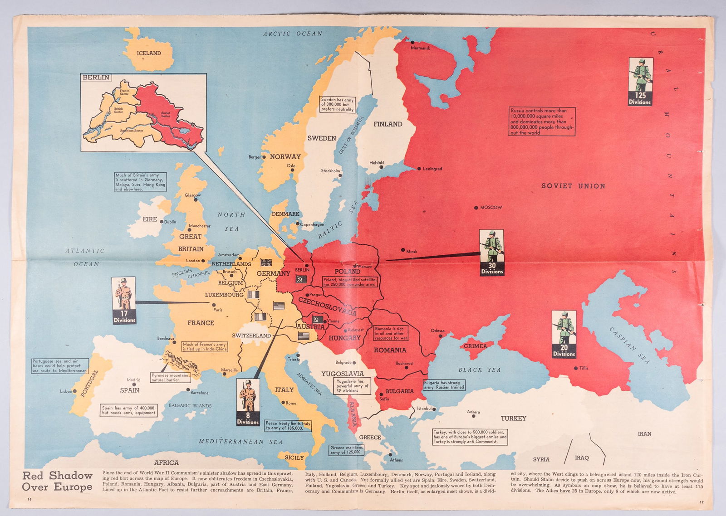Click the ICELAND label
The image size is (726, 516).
pos(149,53)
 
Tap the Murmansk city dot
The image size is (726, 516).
pos(413,42)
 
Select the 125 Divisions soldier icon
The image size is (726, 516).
pos(640,82)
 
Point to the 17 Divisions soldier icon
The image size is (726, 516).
pos(124,300)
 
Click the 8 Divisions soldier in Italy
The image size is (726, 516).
pos(248,402)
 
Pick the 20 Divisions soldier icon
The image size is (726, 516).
pos(564,334)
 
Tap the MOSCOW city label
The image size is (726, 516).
pos(491,208)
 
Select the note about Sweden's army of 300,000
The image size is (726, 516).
pos(337,104)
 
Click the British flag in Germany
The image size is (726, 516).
pos(266,262)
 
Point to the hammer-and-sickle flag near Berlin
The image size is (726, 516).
pos(300,279)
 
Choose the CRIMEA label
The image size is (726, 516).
pos(475,346)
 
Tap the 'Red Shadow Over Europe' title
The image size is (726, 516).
pos(57,481)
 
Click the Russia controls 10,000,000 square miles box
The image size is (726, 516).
pos(542,122)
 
